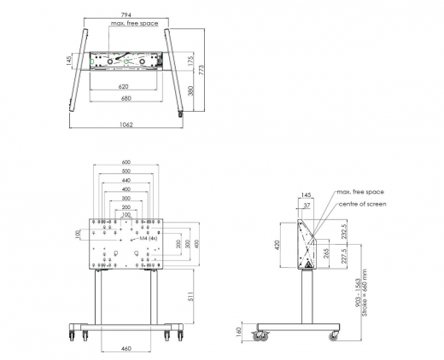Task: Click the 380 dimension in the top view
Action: pyautogui.click(x=190, y=88)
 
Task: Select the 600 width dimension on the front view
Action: pyautogui.click(x=126, y=162)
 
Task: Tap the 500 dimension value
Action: pyautogui.click(x=126, y=171)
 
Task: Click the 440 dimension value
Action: pyautogui.click(x=126, y=181)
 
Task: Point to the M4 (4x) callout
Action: pyautogui.click(x=149, y=239)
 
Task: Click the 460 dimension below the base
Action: pyautogui.click(x=126, y=349)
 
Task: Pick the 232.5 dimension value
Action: pyautogui.click(x=344, y=232)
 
